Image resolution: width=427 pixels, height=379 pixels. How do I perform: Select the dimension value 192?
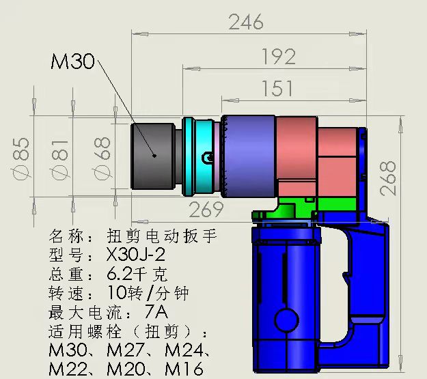pyautogui.click(x=279, y=56)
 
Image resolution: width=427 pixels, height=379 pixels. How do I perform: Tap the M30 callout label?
pyautogui.click(x=72, y=62)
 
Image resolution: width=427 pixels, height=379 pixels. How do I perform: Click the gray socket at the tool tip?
pyautogui.click(x=154, y=156)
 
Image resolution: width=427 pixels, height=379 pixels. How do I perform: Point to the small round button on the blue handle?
pyautogui.click(x=281, y=319)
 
